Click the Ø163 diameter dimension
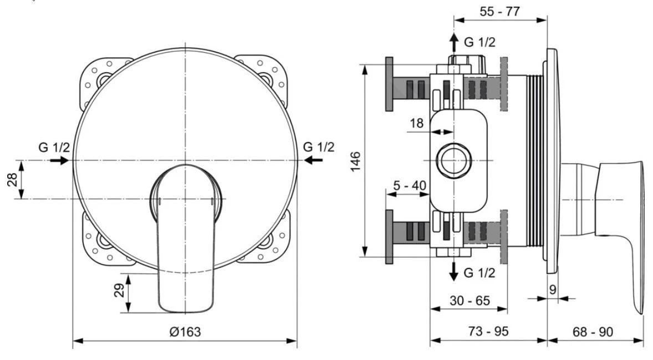185,332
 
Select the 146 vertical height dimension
356,161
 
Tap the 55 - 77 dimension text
499,11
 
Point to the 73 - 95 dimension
488,331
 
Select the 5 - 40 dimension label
410,185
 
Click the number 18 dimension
417,123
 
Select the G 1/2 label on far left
54,148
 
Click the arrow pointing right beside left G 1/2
59,160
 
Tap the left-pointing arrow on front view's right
314,160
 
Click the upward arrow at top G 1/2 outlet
453,42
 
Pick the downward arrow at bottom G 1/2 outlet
453,271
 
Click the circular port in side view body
453,161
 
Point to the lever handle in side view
615,222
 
